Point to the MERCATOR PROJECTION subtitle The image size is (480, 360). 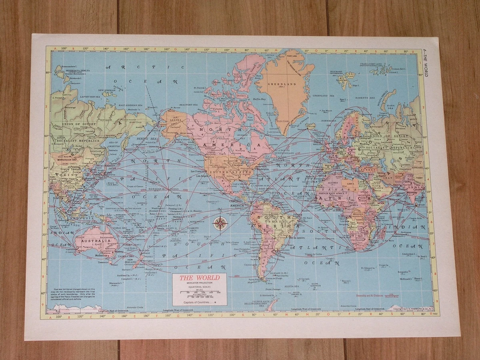tap(199, 283)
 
